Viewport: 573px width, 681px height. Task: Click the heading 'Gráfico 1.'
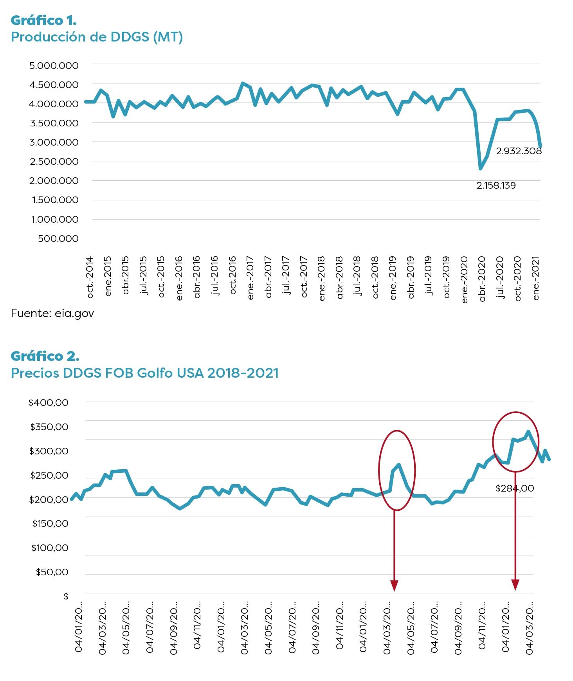coord(43,20)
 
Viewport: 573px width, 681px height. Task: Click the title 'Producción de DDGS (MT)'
coord(97,37)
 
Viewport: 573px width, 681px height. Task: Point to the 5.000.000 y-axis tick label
coord(54,65)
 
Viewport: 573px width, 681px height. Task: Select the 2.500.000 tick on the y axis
coord(54,162)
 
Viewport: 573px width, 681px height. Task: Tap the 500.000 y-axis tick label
coord(58,239)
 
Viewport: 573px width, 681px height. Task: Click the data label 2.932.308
coord(519,151)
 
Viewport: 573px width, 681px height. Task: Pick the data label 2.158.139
coord(496,186)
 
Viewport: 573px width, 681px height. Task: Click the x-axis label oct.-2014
coord(90,277)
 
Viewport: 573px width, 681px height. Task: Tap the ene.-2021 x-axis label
coord(536,278)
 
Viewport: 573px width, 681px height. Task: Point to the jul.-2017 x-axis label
coord(286,275)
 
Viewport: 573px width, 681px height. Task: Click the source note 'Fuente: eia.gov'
coord(52,313)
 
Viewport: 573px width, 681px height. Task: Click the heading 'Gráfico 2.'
coord(45,356)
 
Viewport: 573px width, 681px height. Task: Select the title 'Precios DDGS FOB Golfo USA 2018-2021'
coord(145,373)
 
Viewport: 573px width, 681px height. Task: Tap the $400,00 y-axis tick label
coord(48,402)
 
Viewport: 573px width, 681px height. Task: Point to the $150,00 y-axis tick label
coord(50,524)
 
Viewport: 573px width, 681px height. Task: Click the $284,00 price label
coord(515,488)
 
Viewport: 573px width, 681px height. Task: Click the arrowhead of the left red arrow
coord(394,586)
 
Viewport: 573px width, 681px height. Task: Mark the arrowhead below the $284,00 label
coord(515,585)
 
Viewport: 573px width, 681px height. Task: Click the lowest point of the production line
coord(480,169)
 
